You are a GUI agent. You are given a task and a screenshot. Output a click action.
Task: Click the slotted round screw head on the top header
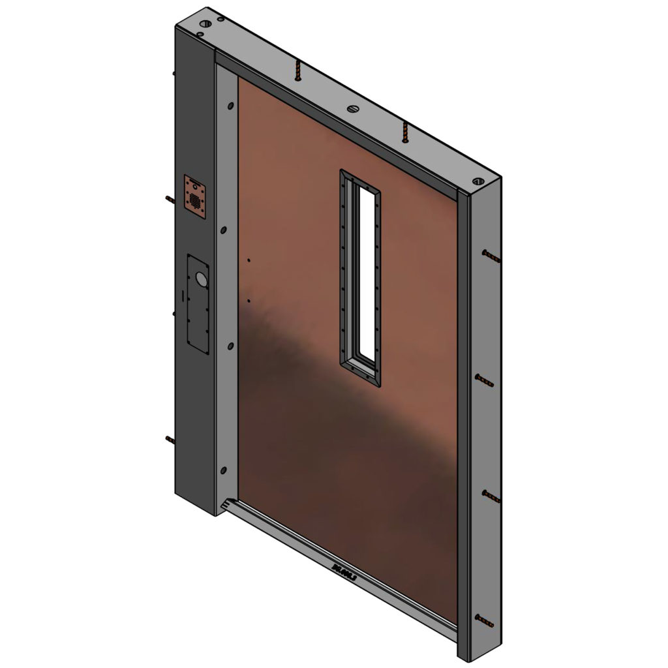click(353, 109)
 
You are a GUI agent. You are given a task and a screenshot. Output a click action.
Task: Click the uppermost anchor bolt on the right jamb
click(491, 255)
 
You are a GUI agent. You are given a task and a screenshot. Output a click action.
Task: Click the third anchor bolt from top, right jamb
click(491, 497)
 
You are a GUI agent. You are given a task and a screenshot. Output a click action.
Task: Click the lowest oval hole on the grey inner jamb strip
click(224, 469)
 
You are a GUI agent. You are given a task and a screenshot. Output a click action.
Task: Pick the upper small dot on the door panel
click(249, 261)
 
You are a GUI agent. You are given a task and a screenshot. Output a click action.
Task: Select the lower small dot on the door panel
click(249, 301)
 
